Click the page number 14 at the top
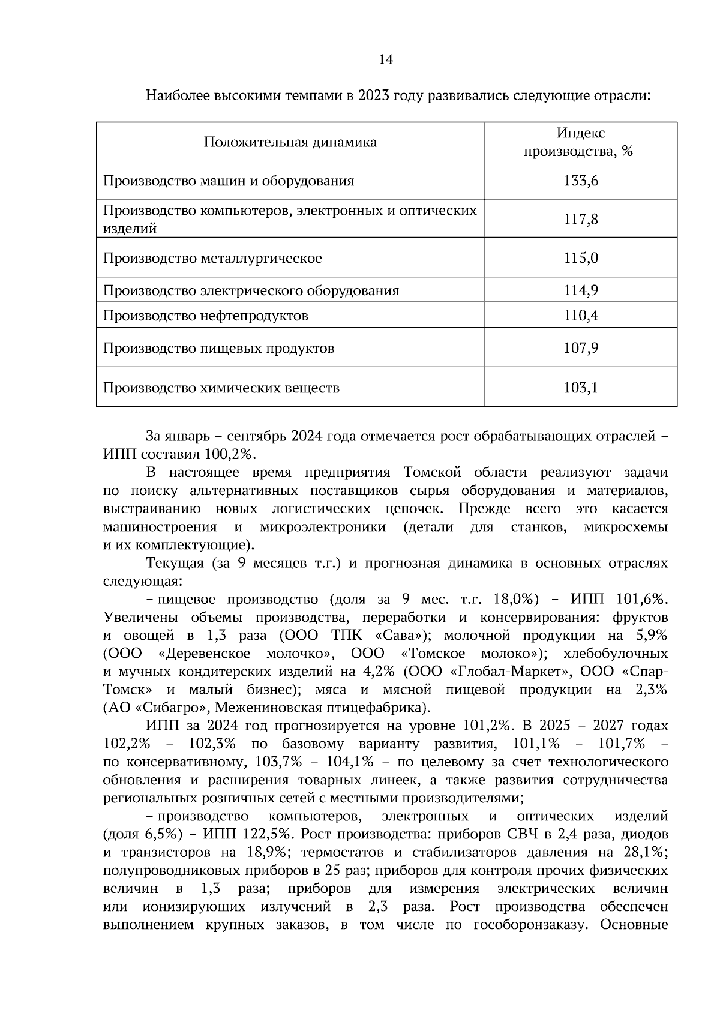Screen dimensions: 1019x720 [x=386, y=59]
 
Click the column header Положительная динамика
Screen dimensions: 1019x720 [x=290, y=142]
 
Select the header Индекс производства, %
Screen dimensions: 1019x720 [x=580, y=142]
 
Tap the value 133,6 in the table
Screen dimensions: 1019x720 [x=581, y=181]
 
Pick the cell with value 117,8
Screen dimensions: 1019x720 [x=581, y=219]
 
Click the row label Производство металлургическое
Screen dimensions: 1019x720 [x=212, y=259]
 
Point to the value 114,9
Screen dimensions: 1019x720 [x=581, y=291]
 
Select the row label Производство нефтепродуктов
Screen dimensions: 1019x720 [x=206, y=316]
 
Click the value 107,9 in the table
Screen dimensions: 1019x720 [x=581, y=349]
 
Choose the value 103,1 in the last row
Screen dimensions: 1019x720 [x=581, y=388]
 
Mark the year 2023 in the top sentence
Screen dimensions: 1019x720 [x=374, y=96]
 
